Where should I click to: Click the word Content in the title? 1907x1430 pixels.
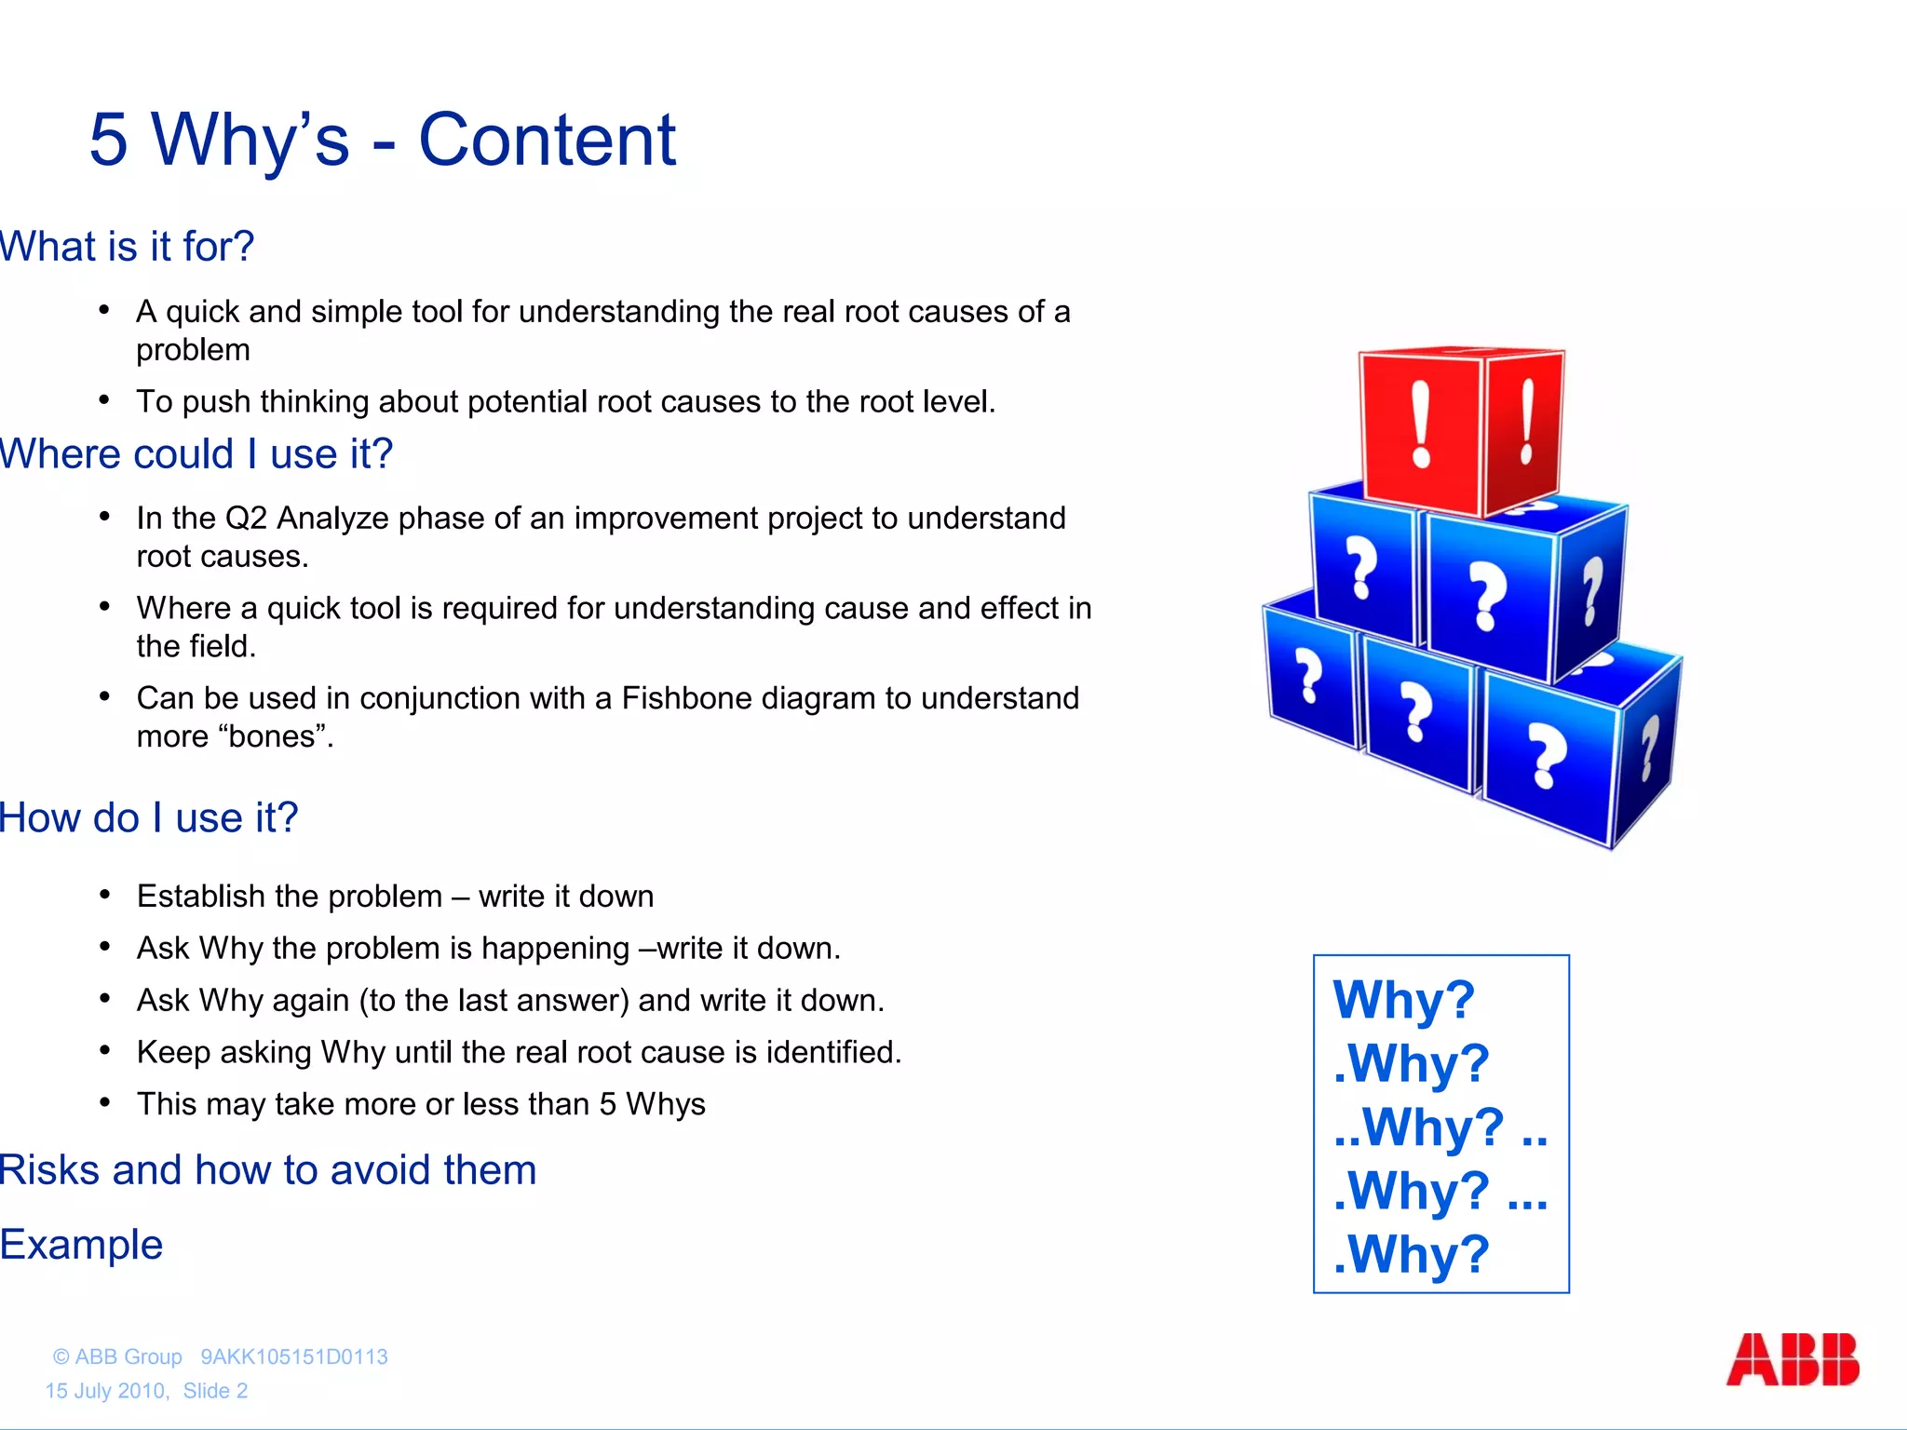(547, 141)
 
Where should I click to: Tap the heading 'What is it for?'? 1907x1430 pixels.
(127, 247)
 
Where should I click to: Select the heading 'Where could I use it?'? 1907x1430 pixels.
(196, 454)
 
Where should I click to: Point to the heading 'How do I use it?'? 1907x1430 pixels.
(149, 818)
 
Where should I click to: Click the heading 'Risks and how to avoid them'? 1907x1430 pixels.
(268, 1170)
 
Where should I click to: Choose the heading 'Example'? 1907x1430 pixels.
(82, 1245)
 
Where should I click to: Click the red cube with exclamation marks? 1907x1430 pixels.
(1460, 430)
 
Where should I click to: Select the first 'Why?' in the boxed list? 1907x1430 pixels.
(1403, 1000)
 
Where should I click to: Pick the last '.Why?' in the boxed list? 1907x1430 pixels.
(1411, 1253)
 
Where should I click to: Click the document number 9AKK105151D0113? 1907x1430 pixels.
(294, 1356)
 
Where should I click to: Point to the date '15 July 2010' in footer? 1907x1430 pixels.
(106, 1391)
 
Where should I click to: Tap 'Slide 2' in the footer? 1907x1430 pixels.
(215, 1391)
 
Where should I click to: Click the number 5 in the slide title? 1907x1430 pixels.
(108, 141)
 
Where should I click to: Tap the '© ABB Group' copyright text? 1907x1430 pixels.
(117, 1356)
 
